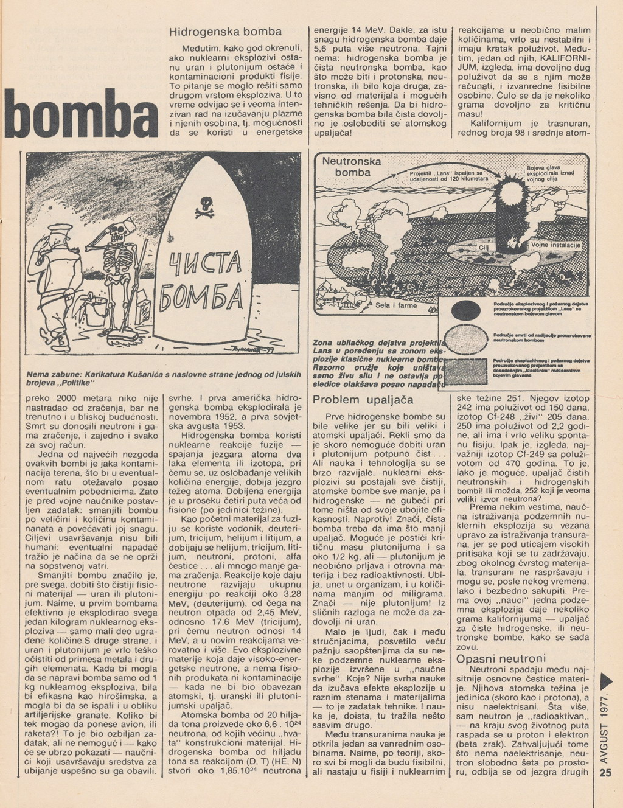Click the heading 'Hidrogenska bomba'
coord(225,31)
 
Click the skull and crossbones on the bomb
coord(203,207)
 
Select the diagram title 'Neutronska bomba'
coord(352,167)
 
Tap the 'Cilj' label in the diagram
coord(484,248)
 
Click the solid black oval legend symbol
coord(467,310)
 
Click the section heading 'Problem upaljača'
coord(363,400)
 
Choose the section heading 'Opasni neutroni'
coord(501,659)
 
